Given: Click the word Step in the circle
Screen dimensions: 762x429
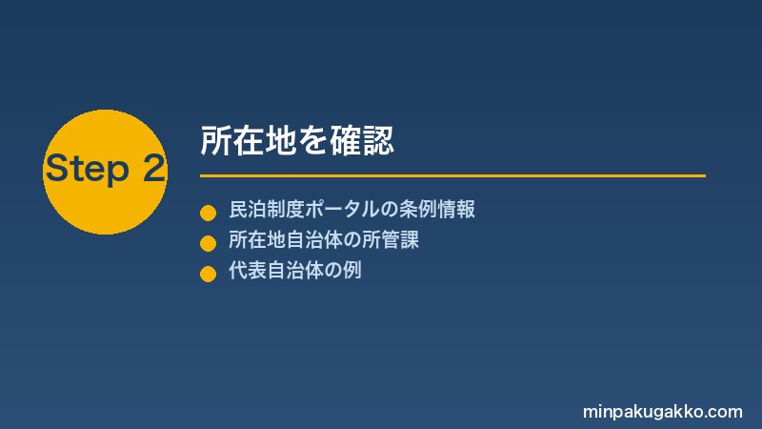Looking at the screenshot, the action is coord(88,169).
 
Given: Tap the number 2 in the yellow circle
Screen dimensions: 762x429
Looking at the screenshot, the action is coord(154,168).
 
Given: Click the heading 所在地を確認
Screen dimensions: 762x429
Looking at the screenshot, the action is coord(297,141).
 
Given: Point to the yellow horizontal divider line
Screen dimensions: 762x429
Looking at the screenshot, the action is coord(453,175).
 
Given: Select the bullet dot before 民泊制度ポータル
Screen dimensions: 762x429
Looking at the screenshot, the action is coord(208,213).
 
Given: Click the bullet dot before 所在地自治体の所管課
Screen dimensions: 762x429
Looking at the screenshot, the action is coord(208,243).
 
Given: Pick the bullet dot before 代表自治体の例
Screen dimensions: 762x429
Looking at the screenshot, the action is coord(208,274).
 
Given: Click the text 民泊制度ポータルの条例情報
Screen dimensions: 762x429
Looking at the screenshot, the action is coord(351,209).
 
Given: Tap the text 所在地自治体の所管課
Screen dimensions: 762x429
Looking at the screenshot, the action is coord(324,240).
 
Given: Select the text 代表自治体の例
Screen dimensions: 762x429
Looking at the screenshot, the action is coord(295,271).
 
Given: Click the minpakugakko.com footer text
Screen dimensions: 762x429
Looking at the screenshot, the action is coord(662,412).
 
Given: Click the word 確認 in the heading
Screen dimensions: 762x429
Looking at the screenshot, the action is coord(362,141).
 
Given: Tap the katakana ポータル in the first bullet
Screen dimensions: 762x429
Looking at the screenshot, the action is coord(342,209).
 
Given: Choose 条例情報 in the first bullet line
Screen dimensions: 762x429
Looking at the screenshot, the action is coord(437,209).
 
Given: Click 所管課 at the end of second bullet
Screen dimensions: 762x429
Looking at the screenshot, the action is coord(391,240).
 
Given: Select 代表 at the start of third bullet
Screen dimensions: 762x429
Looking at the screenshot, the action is coord(248,271).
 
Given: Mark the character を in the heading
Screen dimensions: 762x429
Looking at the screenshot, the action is coord(313,141).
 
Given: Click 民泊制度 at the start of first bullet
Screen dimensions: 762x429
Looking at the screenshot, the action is coord(267,209).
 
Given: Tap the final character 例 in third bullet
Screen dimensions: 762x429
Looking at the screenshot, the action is coord(351,271).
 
